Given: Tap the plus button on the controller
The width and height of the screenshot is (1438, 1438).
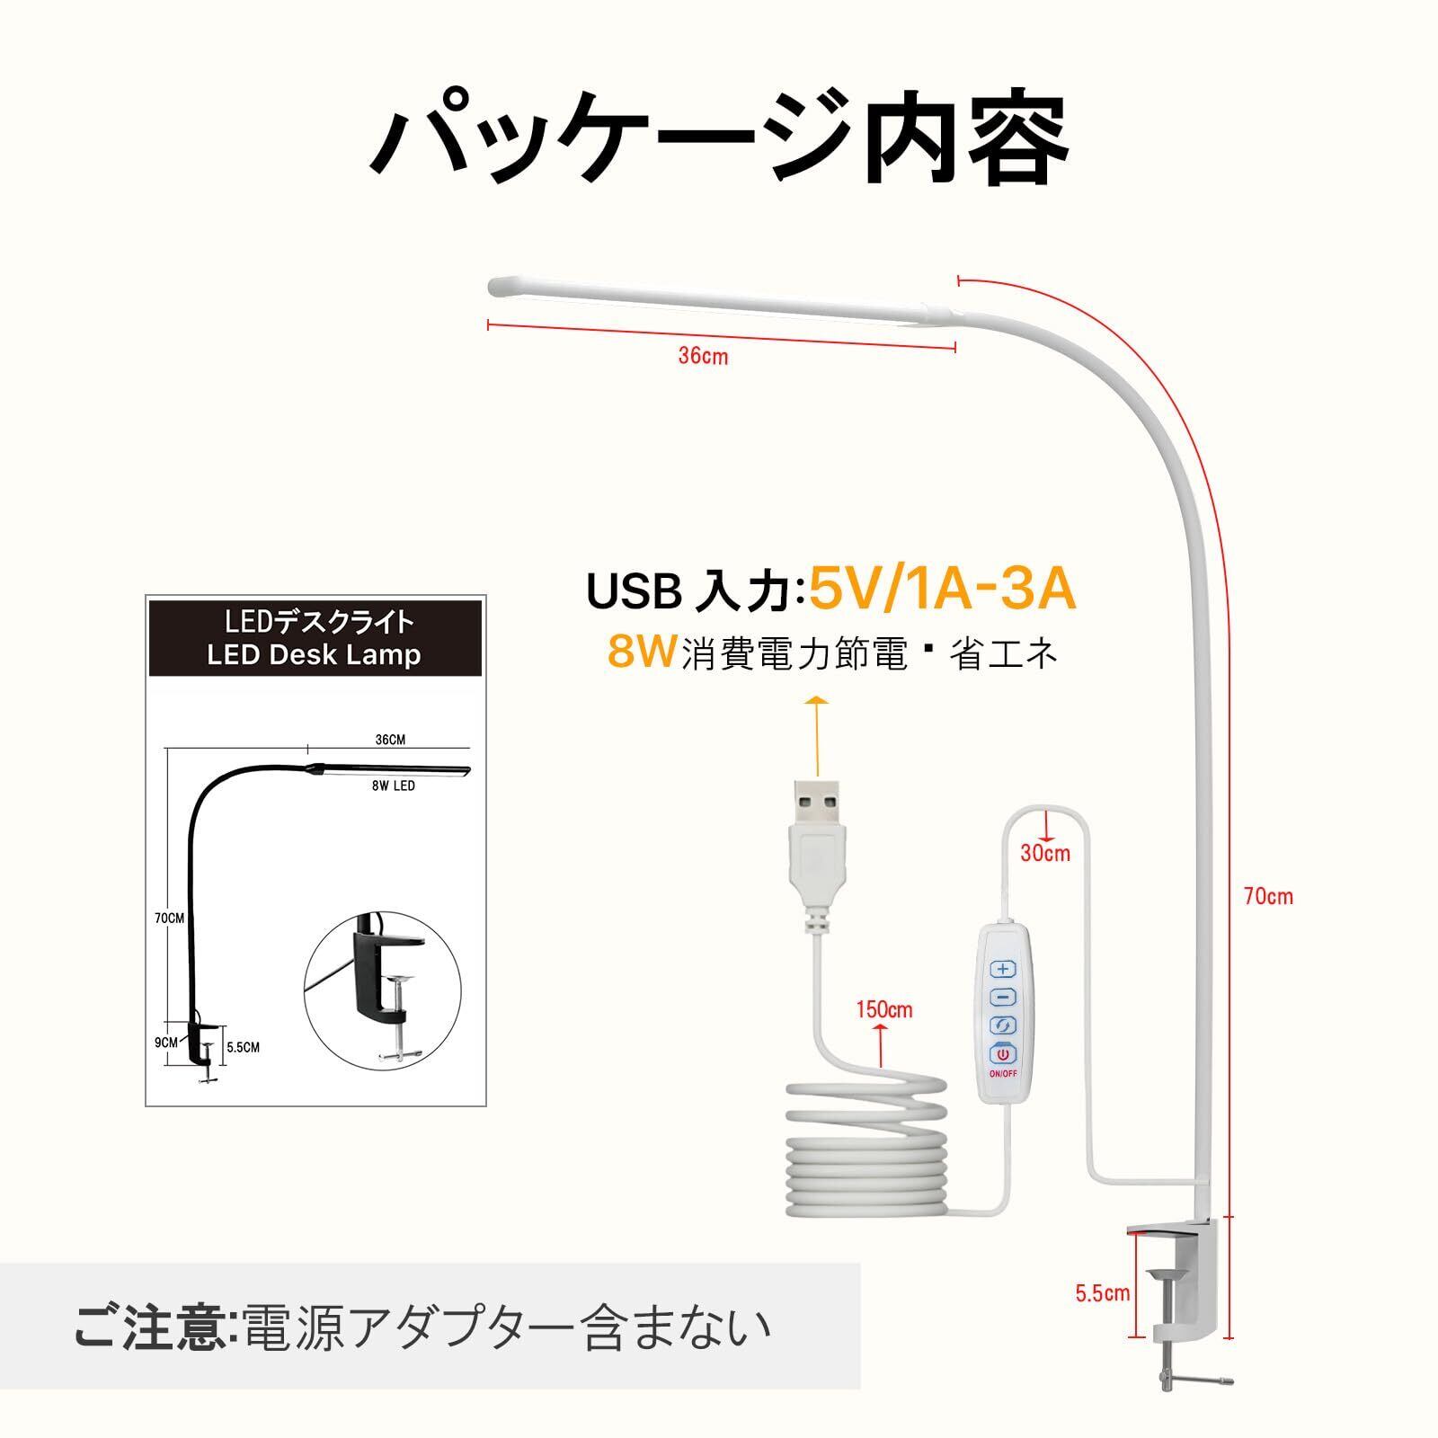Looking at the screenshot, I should (1004, 970).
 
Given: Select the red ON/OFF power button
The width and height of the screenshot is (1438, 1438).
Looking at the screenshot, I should (1003, 1055).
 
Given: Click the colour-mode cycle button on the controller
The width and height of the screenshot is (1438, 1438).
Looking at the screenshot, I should (1003, 1025).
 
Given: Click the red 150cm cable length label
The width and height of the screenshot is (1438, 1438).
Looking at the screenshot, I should (883, 1009).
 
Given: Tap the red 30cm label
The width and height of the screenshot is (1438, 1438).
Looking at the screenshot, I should (1045, 852).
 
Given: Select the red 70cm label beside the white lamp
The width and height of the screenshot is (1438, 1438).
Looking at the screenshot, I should (1268, 896).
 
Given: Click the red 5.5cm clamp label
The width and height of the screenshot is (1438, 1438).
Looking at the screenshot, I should (1103, 1294).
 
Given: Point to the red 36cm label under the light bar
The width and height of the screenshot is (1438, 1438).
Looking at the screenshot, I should (703, 356).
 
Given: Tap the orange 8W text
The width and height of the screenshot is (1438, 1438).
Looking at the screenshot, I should (641, 652).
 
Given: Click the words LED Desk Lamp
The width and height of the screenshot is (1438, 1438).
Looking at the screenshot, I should (314, 654).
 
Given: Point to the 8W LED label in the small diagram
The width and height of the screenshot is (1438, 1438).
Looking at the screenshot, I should (393, 786).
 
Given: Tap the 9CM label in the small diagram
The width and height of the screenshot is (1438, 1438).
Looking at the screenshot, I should (166, 1043).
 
